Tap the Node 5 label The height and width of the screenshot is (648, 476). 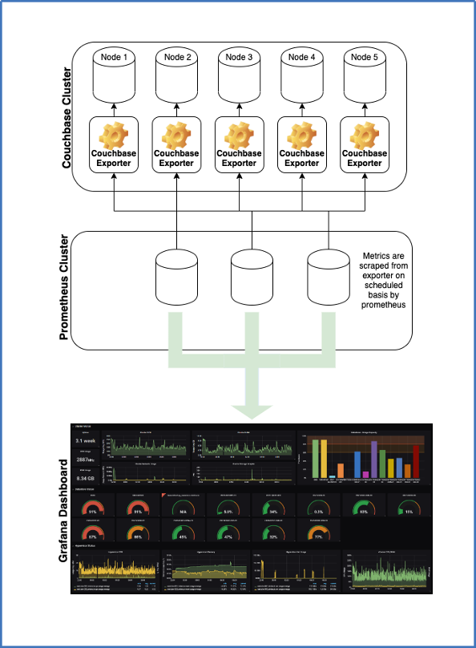click(365, 58)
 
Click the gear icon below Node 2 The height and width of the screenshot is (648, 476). click(176, 133)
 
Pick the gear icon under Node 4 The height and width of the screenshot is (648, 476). click(302, 133)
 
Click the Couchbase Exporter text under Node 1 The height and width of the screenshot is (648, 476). click(113, 158)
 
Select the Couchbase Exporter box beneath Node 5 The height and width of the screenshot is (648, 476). click(365, 144)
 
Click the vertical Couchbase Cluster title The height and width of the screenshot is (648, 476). click(68, 117)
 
